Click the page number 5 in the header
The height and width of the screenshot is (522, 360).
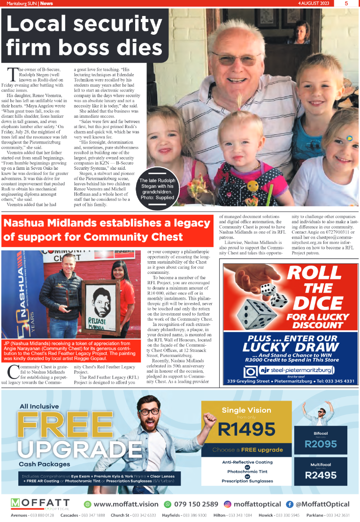click(x=345, y=3)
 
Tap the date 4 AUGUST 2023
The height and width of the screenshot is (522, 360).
click(x=314, y=3)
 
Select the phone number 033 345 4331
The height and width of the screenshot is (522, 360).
click(x=337, y=381)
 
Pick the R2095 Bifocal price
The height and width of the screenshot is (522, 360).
click(x=321, y=444)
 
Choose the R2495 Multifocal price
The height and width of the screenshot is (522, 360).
click(x=321, y=475)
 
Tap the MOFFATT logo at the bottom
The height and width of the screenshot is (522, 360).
click(x=40, y=504)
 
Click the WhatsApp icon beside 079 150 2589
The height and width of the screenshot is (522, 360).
click(x=168, y=504)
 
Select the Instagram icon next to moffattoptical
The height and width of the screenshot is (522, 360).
click(x=227, y=504)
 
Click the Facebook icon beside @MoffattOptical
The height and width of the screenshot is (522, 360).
click(x=290, y=504)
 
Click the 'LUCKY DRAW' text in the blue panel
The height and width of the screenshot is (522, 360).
click(x=290, y=348)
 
